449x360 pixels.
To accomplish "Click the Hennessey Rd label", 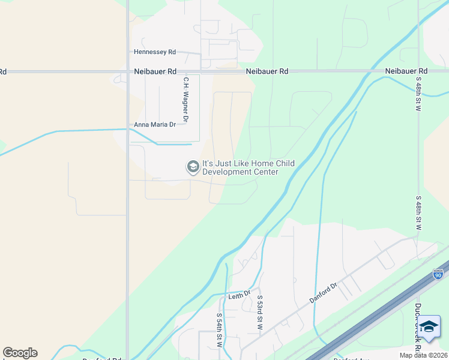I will [155, 52].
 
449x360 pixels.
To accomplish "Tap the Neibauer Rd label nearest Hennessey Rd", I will [155, 71].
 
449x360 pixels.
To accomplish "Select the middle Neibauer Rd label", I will [267, 71].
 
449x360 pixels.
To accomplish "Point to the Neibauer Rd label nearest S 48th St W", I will [406, 71].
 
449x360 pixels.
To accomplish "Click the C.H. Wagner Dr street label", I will [186, 100].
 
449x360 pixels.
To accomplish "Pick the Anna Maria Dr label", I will [155, 125].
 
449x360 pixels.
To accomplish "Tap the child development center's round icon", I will [193, 167].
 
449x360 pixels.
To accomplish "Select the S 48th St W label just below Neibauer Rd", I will [418, 94].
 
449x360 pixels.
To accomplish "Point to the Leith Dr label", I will [238, 297].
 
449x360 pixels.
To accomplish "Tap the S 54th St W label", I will [219, 329].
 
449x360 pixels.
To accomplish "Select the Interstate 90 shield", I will [438, 274].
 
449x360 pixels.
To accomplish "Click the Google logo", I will [20, 353].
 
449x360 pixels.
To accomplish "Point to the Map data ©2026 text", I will [423, 355].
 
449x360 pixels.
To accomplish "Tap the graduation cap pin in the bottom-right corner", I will [429, 328].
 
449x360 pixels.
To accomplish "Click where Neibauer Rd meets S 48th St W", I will [418, 71].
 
